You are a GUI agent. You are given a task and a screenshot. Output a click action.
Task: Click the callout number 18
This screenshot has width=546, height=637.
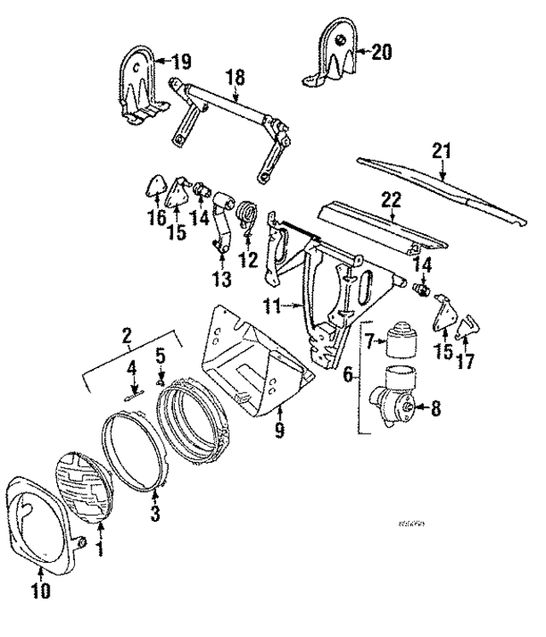tap(235, 78)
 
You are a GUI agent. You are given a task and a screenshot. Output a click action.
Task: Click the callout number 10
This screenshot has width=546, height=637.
tap(40, 589)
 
